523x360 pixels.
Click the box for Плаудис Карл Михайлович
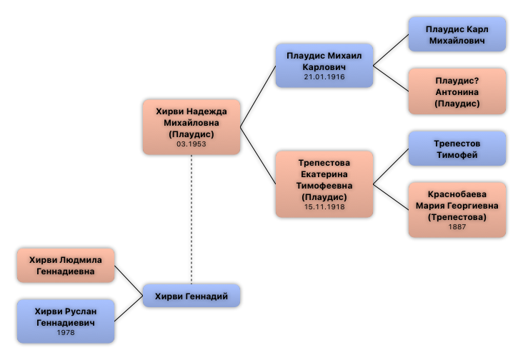pyautogui.click(x=457, y=34)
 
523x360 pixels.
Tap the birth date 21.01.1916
pyautogui.click(x=324, y=77)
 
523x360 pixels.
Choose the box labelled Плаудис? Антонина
pyautogui.click(x=457, y=91)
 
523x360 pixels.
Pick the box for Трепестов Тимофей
pyautogui.click(x=457, y=149)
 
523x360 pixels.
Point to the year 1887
pyautogui.click(x=457, y=227)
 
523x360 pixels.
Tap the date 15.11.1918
pyautogui.click(x=324, y=207)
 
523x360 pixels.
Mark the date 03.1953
pyautogui.click(x=191, y=144)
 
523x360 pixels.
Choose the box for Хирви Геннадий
pyautogui.click(x=191, y=296)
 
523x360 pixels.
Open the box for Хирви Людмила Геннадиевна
pyautogui.click(x=66, y=265)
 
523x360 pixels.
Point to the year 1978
pyautogui.click(x=66, y=333)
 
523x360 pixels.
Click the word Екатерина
pyautogui.click(x=324, y=174)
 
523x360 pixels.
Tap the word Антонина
pyautogui.click(x=457, y=92)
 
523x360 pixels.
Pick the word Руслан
pyautogui.click(x=78, y=311)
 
